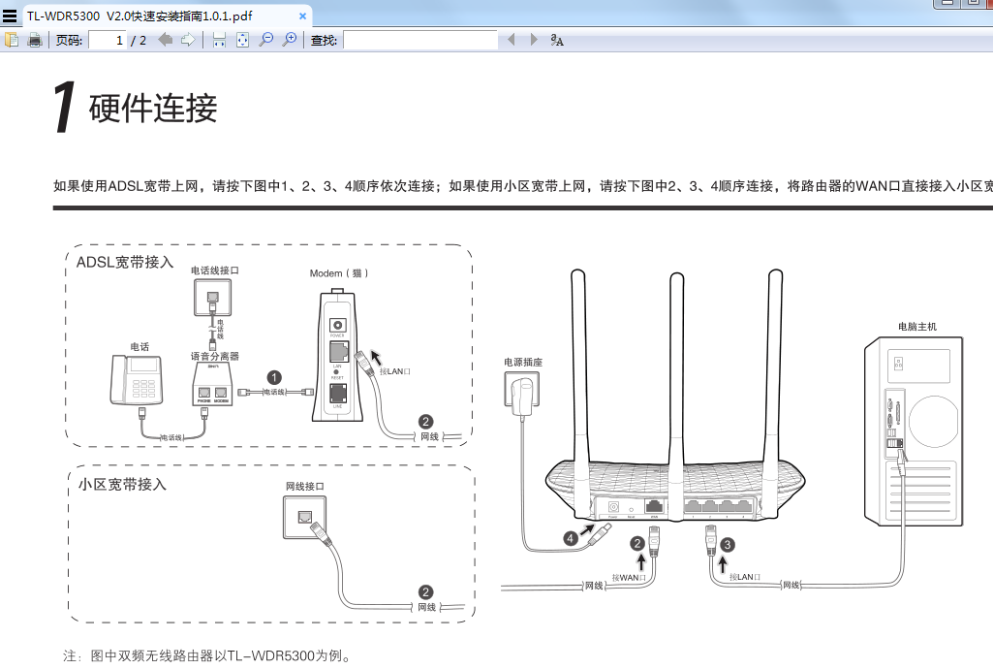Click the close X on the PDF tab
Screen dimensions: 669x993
point(302,16)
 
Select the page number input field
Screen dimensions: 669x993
point(108,40)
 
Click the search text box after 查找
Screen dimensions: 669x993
point(419,40)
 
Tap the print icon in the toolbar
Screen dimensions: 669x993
point(35,40)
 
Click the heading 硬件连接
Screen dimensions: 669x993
point(153,109)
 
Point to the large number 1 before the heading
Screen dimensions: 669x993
point(64,109)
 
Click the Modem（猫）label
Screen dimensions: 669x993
point(339,273)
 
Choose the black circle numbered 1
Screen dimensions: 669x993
point(275,377)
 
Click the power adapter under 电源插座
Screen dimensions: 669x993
point(525,396)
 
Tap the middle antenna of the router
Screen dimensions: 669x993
point(675,368)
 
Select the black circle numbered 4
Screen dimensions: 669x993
point(572,536)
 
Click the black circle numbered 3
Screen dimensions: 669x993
point(728,545)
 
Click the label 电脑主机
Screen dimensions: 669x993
point(917,327)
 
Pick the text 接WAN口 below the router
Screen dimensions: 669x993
point(631,577)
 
